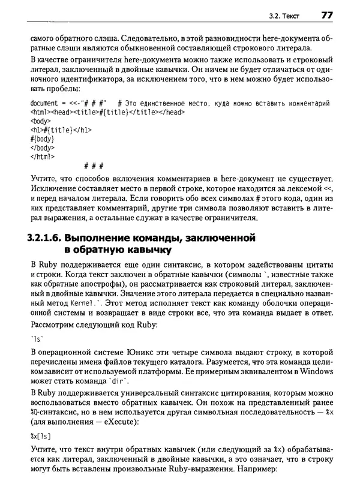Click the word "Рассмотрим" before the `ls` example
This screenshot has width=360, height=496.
[52, 324]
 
